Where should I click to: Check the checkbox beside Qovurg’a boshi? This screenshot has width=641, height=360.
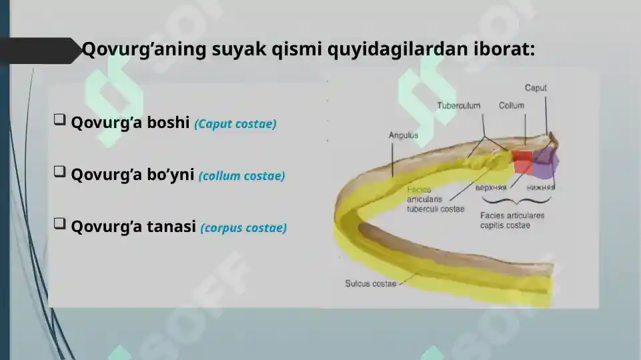point(59,120)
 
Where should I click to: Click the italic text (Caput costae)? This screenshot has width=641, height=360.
point(235,124)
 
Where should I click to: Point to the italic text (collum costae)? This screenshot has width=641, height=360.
point(241,176)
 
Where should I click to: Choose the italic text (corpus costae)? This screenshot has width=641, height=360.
point(243,228)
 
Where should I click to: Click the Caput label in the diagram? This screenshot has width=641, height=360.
point(536,88)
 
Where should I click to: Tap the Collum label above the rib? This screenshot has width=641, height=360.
point(512,105)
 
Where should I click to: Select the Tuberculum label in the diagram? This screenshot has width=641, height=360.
point(459,105)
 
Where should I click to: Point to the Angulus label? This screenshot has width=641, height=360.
point(403,135)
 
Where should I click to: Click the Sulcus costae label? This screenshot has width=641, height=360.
point(370,283)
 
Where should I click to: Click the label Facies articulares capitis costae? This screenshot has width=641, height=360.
point(512,221)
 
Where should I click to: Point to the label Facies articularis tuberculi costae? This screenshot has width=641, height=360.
point(435,199)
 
